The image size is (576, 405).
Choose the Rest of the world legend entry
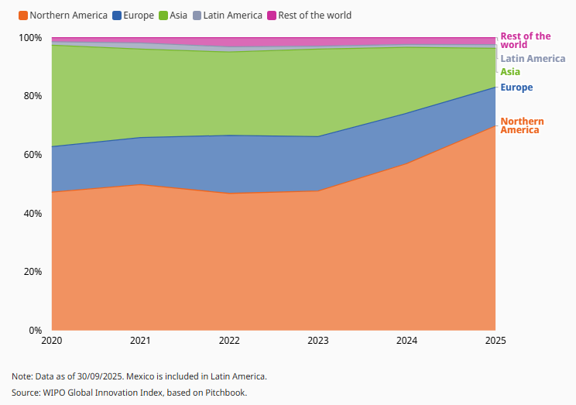point(309,15)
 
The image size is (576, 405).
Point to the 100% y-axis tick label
point(31,38)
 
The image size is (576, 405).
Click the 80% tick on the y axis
point(33,96)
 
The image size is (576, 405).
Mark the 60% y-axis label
point(33,155)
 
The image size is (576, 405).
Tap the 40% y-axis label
point(33,213)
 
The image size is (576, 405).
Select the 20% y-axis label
point(33,272)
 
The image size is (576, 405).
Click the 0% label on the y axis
point(36,331)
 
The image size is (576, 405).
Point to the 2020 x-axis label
point(52,342)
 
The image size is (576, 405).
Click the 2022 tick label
point(229,342)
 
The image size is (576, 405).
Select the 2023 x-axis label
point(318,342)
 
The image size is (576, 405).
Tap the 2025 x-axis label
point(495,342)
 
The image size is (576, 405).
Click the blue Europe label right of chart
point(516,88)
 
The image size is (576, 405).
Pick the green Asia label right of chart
point(510,72)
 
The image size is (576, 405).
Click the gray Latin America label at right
point(533,59)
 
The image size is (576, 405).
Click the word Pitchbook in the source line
point(225,393)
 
